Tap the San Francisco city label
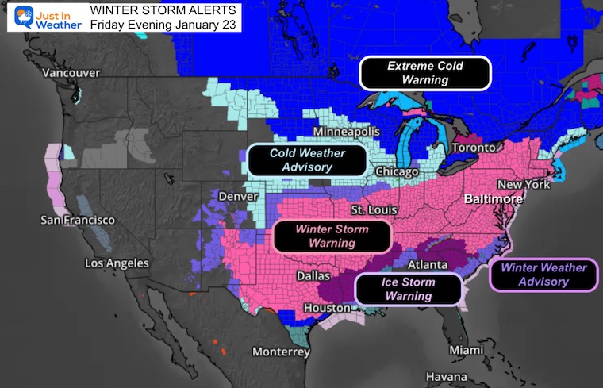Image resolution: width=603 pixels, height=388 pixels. (x=78, y=219)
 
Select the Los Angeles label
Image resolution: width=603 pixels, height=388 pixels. (x=117, y=263)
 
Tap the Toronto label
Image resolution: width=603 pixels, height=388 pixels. (x=474, y=148)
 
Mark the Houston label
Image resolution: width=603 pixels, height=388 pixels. (x=327, y=308)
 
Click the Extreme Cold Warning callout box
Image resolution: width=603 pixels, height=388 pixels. (x=424, y=73)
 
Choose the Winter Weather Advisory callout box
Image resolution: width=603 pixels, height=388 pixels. (x=543, y=275)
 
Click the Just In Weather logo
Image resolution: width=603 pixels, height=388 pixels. (x=45, y=17)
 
